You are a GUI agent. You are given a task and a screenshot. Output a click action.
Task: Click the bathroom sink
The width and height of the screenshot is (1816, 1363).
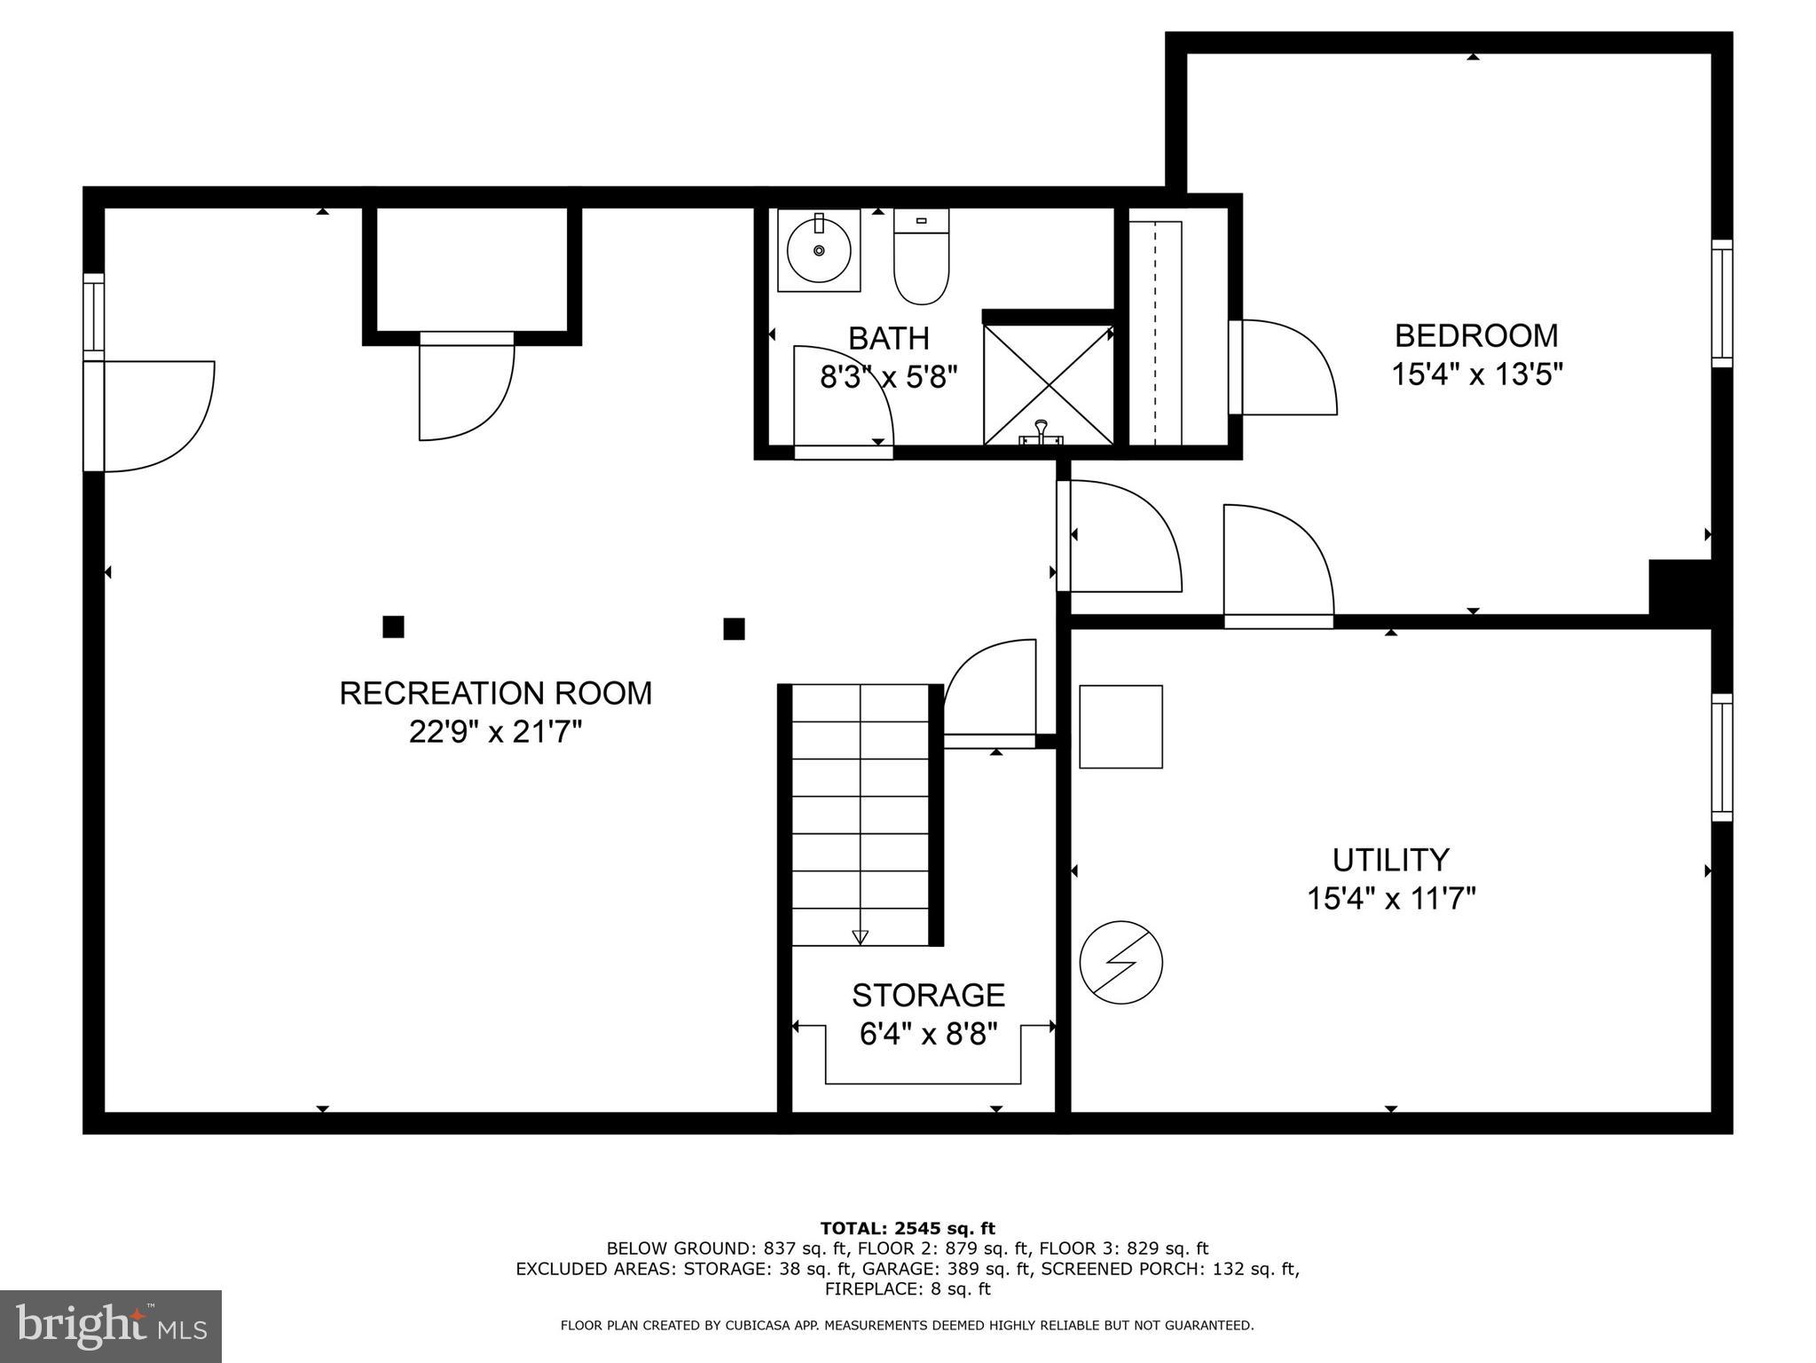pos(819,250)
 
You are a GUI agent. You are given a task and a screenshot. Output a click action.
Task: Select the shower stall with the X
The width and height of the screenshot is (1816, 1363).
pos(1048,384)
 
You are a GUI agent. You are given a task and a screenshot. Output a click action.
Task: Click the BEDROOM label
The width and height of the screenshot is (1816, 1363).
pos(1475,335)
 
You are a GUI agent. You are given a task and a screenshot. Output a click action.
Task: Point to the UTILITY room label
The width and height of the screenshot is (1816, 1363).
pos(1390,860)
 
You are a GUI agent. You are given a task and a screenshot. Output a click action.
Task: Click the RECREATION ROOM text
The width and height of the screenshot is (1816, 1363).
pos(495,693)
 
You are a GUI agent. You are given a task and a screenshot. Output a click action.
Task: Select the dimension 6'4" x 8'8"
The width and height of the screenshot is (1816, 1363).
pos(928,1035)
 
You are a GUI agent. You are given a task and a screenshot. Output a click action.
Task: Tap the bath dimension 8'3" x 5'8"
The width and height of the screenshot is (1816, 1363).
pos(888,378)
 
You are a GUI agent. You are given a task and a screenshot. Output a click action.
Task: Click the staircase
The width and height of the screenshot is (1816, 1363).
pos(860,815)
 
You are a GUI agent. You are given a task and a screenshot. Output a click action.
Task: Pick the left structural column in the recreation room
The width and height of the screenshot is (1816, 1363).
pos(393,627)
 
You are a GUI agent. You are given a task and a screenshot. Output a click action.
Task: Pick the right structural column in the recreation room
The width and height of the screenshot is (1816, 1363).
pos(734,629)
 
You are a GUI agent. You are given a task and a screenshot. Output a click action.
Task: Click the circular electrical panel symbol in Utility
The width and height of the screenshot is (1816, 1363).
pos(1120,963)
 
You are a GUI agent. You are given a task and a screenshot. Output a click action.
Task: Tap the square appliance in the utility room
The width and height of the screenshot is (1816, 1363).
pos(1120,727)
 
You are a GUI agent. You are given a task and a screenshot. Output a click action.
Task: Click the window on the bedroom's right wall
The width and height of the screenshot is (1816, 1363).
pos(1721,303)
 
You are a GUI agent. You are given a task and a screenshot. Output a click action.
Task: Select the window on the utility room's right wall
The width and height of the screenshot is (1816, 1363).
pos(1721,757)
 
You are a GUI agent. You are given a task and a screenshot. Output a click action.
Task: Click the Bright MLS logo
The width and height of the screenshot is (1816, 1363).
pos(111,1326)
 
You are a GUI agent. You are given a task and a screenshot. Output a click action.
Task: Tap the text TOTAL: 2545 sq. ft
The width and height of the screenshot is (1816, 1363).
pos(907,1229)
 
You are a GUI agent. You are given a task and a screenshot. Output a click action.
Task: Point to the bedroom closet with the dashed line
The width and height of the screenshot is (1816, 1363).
pos(1155,333)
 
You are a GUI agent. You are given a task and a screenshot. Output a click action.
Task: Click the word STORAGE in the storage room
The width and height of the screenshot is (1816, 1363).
pos(928,995)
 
